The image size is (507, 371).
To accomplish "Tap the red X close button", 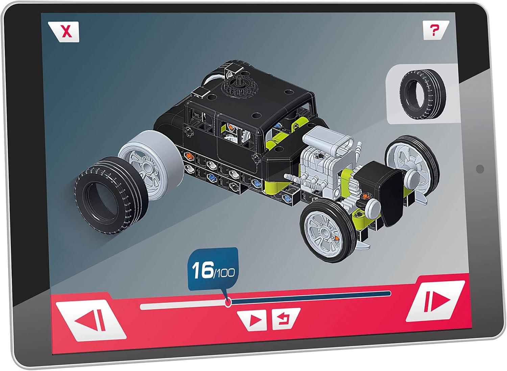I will [x=67, y=32].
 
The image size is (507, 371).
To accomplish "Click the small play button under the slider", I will [x=254, y=320].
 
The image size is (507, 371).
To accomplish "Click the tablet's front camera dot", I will [x=480, y=169].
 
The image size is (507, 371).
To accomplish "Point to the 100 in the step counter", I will [x=224, y=273].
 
